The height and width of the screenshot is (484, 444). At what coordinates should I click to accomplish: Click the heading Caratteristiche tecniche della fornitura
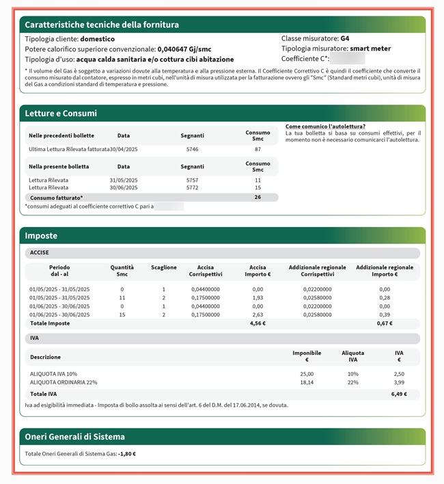[x=102, y=25]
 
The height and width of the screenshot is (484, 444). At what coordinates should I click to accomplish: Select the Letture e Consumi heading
[x=61, y=113]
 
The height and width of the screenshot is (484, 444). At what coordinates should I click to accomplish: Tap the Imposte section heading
[x=41, y=235]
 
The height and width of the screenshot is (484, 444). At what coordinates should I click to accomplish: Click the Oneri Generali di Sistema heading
[x=74, y=436]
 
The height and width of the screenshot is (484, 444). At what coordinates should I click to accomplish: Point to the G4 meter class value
[x=345, y=38]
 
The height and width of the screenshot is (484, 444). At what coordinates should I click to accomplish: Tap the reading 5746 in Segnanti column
[x=192, y=149]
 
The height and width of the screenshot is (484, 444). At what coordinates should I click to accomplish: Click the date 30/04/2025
[x=124, y=149]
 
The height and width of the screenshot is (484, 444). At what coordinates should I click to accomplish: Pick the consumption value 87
[x=258, y=149]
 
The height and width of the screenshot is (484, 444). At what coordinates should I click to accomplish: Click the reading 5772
[x=192, y=187]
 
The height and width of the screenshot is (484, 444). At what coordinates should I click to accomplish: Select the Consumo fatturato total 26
[x=258, y=198]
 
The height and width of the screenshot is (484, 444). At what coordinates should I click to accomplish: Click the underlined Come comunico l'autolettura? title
[x=325, y=126]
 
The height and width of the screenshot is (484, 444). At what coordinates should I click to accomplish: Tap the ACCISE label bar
[x=38, y=253]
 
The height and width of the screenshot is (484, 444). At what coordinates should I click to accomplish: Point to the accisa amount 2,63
[x=258, y=314]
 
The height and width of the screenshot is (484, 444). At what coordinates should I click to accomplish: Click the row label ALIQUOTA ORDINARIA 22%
[x=64, y=382]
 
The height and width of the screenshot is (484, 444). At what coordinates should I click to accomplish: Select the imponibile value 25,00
[x=307, y=374]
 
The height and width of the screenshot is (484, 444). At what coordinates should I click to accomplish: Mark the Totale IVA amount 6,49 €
[x=399, y=394]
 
